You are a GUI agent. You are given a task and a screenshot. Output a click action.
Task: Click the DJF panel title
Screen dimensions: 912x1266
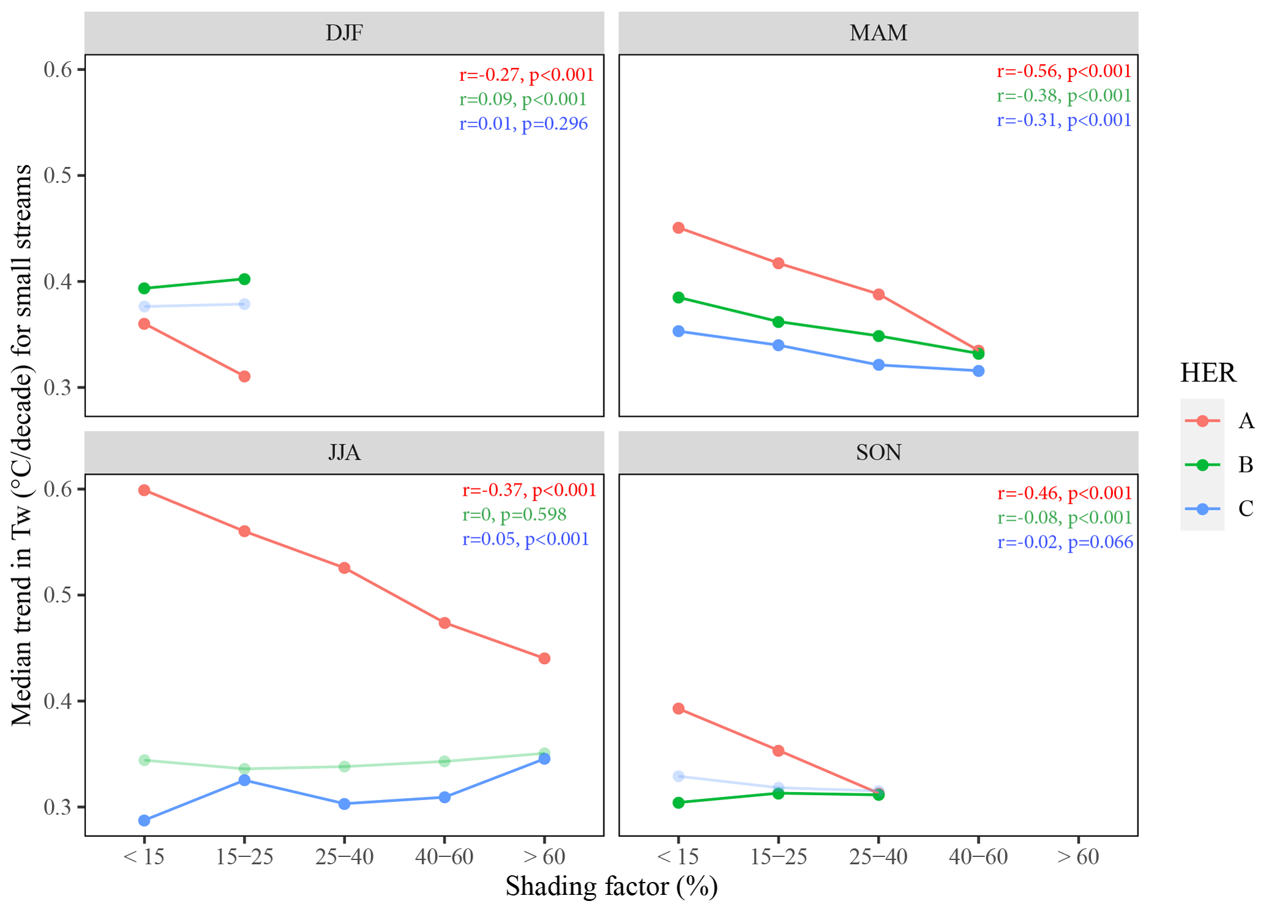pos(344,32)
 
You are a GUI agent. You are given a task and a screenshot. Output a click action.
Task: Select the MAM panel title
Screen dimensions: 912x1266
pos(878,32)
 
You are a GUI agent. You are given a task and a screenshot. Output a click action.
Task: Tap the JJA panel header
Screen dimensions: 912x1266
pos(344,452)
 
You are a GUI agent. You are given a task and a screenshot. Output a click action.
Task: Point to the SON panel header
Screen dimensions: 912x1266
pos(878,452)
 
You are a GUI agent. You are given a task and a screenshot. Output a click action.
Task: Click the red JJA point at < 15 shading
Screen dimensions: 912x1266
pos(145,490)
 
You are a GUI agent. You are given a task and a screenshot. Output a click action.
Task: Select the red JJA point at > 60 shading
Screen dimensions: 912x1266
pos(544,659)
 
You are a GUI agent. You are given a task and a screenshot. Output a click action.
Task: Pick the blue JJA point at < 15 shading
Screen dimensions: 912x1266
pos(145,820)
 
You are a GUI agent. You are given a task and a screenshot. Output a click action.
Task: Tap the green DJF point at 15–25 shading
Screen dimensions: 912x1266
pos(244,279)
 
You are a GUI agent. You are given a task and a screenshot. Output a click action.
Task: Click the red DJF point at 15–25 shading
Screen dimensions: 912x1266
pos(244,376)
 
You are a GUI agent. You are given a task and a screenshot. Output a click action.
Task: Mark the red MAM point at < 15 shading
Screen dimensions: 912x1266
pos(679,228)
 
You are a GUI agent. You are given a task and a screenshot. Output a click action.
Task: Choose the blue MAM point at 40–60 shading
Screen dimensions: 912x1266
pos(978,371)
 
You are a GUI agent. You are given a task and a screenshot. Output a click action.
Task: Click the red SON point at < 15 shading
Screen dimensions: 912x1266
pos(679,709)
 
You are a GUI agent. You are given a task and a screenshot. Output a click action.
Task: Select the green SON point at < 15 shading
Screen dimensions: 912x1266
pos(679,802)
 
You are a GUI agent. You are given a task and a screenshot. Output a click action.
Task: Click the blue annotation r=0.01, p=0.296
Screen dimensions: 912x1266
pos(524,124)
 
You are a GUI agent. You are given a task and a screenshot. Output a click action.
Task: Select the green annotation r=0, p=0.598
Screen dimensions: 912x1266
pos(514,514)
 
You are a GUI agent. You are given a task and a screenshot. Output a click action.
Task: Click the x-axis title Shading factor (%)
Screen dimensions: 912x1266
pos(611,886)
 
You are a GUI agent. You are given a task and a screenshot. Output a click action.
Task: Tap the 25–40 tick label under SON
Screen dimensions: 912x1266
pos(878,857)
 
